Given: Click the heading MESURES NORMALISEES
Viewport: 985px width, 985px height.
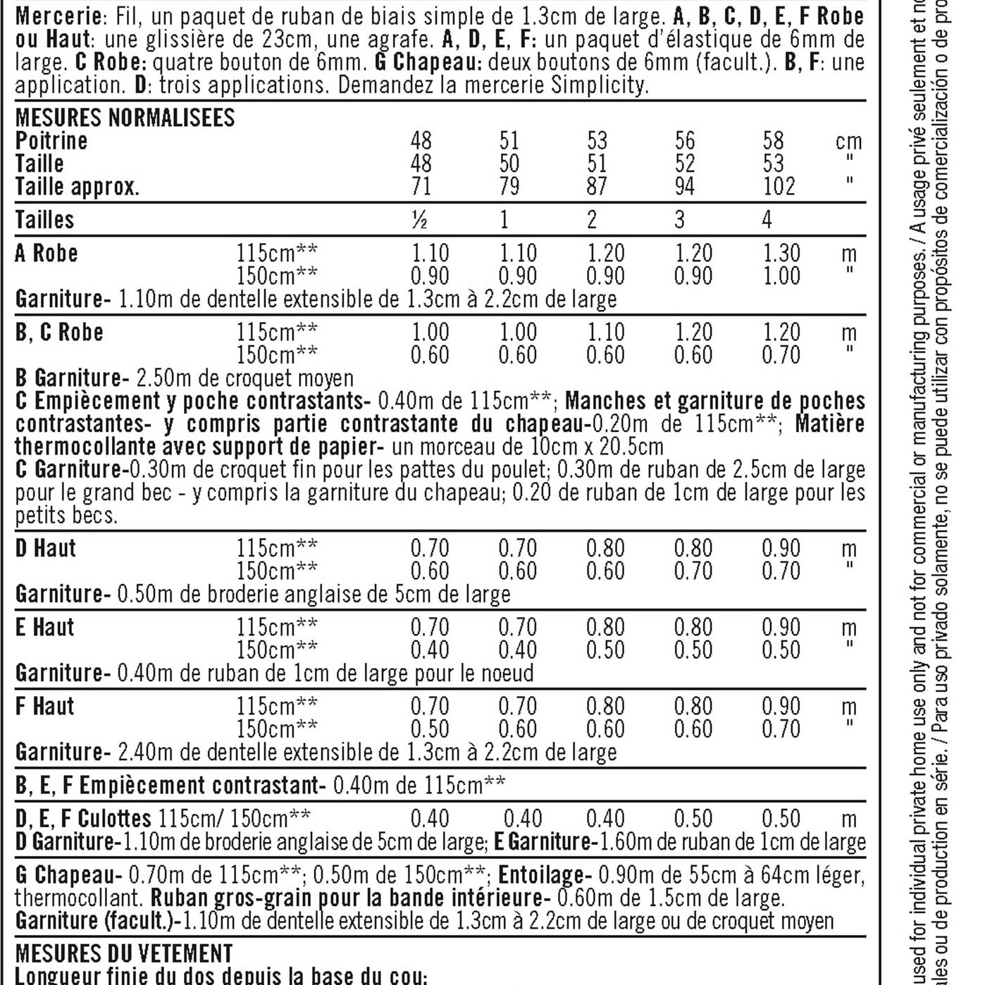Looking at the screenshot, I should point(125,118).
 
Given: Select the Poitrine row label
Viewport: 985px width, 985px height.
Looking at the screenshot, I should point(51,141).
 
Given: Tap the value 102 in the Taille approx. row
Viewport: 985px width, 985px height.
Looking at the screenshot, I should point(779,187).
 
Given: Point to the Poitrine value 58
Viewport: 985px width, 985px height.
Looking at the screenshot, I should point(773,141).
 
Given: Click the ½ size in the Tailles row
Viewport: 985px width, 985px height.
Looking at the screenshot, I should point(420,220).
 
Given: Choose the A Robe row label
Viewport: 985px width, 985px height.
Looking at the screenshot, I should point(47,254).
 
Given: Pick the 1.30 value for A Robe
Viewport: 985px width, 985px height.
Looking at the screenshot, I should point(781,254).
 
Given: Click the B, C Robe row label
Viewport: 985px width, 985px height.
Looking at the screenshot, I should point(59,333).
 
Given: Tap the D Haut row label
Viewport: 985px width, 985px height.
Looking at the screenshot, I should point(45,549).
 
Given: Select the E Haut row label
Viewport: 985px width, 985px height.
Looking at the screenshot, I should point(44,628).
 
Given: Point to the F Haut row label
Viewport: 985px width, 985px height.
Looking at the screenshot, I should point(44,707).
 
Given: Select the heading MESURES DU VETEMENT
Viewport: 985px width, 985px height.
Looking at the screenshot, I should point(124,954).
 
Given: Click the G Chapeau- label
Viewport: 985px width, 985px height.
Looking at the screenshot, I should point(68,876).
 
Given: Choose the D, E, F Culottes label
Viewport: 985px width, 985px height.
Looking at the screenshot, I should point(83,819).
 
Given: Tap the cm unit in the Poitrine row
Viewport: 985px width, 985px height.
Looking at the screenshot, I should point(848,142).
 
